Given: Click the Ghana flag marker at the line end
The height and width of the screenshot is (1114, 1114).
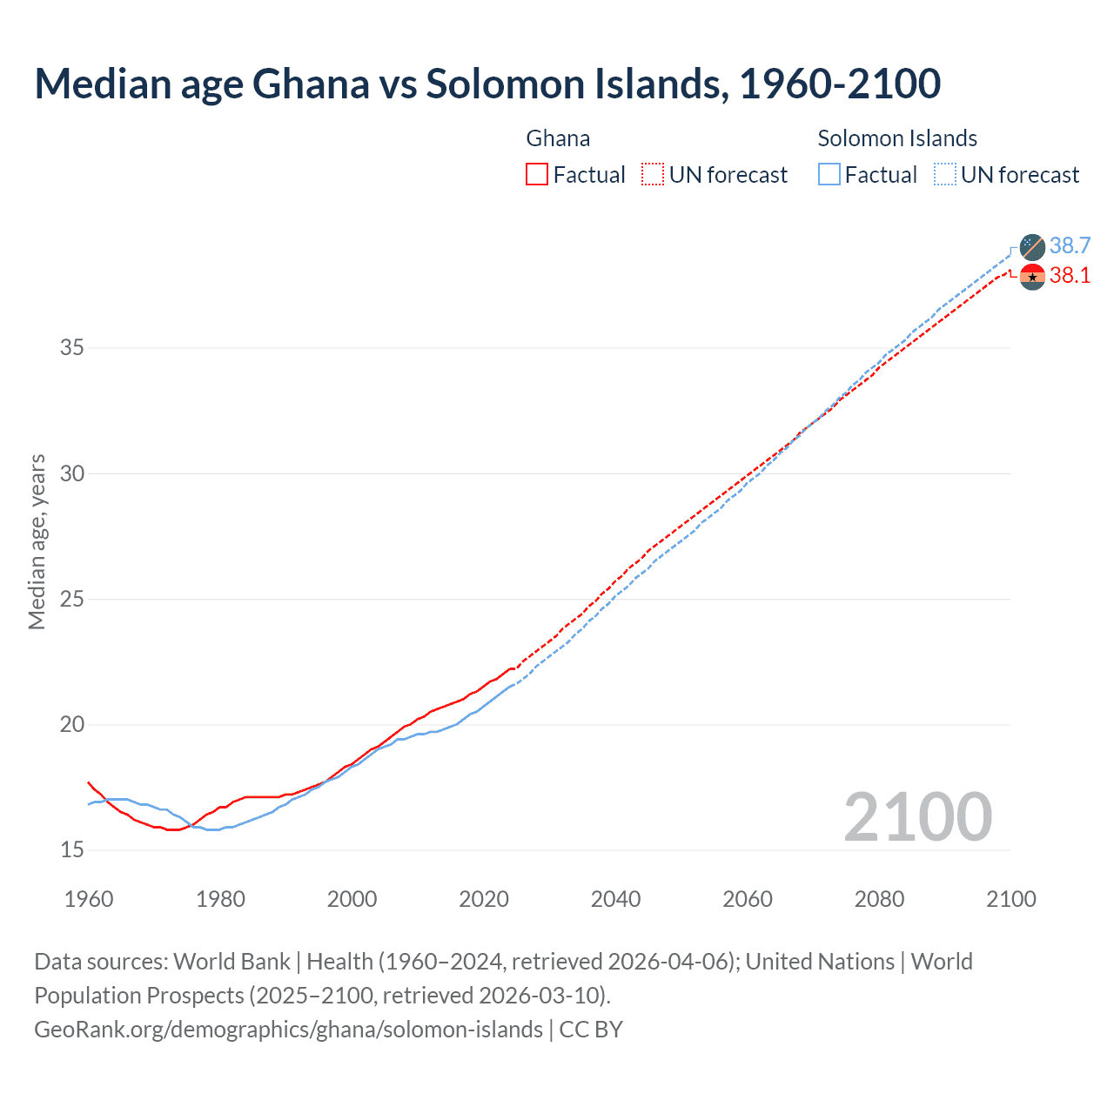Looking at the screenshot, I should click(x=1032, y=277).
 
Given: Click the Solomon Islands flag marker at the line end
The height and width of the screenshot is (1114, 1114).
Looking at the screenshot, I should click(x=1032, y=246).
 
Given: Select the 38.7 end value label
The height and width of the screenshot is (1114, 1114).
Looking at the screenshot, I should click(x=1070, y=245).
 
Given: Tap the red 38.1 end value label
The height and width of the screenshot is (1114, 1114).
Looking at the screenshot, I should click(x=1070, y=276).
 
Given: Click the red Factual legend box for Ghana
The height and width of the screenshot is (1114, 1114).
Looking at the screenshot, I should click(x=537, y=175).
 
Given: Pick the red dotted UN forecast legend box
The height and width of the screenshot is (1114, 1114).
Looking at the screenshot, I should click(x=653, y=175).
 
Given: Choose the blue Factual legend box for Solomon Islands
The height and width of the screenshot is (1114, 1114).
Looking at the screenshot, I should click(x=829, y=175).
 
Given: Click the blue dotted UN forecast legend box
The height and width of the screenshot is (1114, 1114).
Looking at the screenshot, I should click(x=944, y=175).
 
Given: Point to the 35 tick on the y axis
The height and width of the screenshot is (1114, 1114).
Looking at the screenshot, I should click(x=72, y=348).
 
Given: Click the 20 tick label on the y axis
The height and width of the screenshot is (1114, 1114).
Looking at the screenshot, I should click(x=72, y=725).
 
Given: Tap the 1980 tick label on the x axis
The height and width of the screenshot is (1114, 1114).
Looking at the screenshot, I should click(x=220, y=899).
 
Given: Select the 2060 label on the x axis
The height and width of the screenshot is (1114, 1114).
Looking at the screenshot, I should click(x=747, y=899).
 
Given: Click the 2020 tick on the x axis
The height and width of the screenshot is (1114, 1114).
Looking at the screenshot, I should click(x=484, y=899).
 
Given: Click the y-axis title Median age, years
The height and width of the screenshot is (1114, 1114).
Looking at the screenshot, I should click(x=37, y=541).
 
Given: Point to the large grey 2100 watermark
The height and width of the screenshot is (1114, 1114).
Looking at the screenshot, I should click(x=917, y=816).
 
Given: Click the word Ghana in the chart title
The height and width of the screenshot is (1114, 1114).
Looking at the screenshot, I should click(x=311, y=84).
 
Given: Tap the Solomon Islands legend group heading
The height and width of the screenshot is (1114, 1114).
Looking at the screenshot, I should click(x=896, y=138).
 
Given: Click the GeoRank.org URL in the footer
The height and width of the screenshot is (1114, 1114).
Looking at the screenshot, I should click(x=288, y=1030).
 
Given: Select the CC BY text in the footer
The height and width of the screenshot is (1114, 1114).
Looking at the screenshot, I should click(x=591, y=1030).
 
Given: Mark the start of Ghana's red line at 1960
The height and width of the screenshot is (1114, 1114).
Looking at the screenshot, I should click(x=89, y=782).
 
